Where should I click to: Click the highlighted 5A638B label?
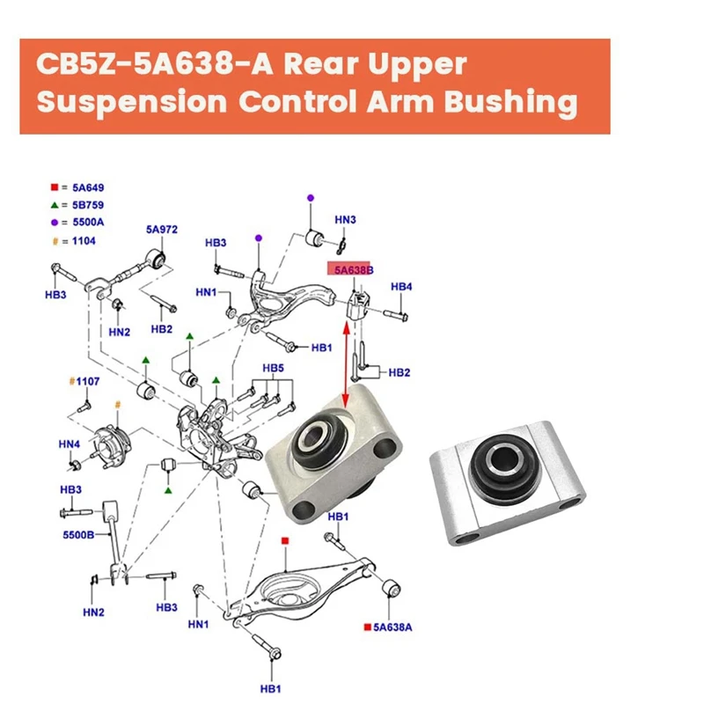352,271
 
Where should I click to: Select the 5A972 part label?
162,230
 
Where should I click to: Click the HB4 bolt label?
401,287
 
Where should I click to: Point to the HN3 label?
345,219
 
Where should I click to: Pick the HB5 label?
274,368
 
